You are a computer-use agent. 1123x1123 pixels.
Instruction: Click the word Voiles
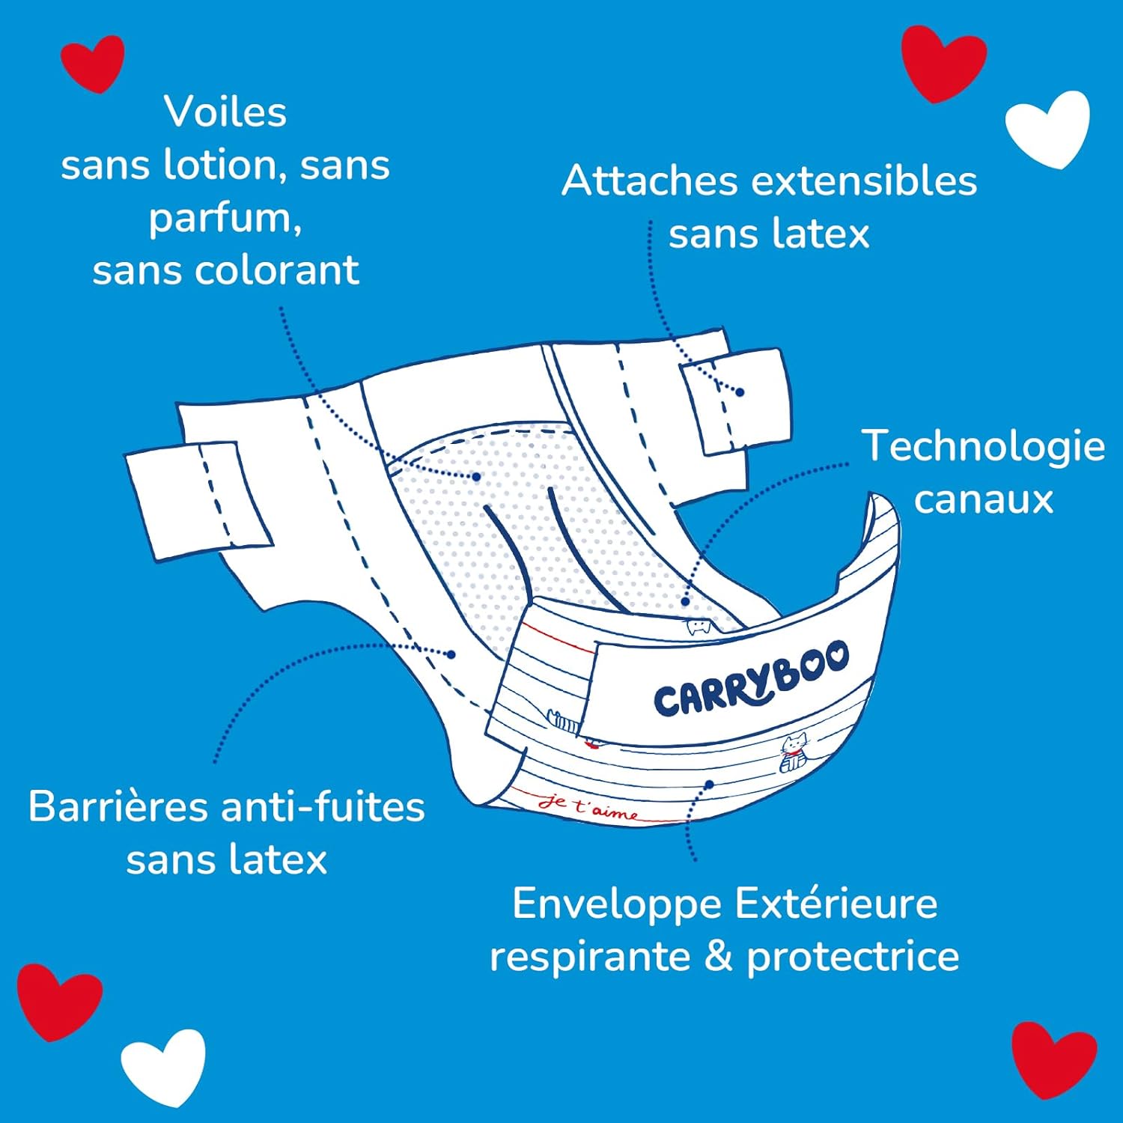tap(225, 112)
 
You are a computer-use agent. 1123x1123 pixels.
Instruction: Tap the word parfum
tap(224, 219)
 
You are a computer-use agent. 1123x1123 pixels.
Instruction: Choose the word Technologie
tap(983, 446)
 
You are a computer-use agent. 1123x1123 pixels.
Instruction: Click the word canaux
tap(983, 499)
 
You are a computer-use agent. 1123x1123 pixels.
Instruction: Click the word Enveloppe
tap(617, 904)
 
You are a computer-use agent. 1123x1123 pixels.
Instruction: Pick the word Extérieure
tap(836, 904)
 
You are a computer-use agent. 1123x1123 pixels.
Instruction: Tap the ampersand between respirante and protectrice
tap(718, 957)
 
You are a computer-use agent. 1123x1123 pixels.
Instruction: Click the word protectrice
tap(853, 958)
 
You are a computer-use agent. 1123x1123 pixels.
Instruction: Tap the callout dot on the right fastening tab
tap(740, 392)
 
